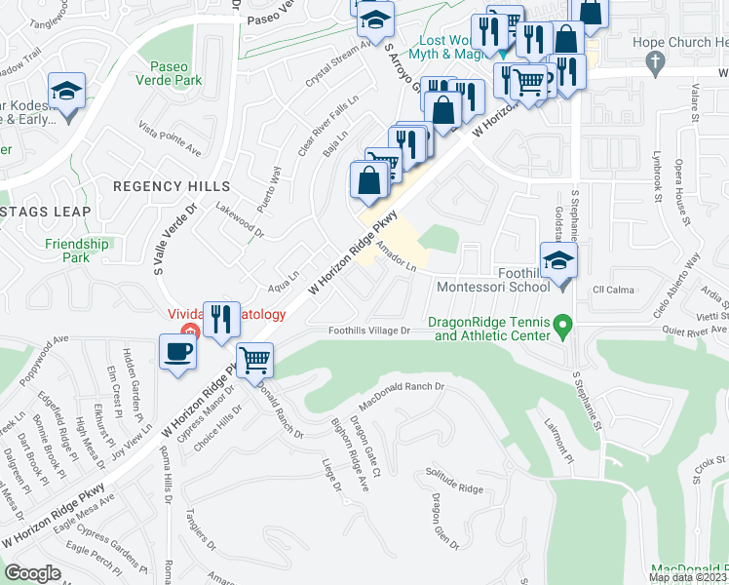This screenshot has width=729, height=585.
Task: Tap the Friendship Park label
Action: pyautogui.click(x=76, y=251)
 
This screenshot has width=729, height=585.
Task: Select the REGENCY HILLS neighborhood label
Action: pyautogui.click(x=172, y=185)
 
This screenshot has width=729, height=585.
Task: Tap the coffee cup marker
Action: pyautogui.click(x=178, y=351)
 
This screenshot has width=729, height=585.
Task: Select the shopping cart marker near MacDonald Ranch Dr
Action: pyautogui.click(x=255, y=359)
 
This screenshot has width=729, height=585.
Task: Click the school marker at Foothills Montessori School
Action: pyautogui.click(x=559, y=261)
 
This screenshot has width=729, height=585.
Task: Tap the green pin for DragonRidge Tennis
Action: pyautogui.click(x=561, y=323)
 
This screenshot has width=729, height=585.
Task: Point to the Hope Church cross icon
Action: pyautogui.click(x=655, y=61)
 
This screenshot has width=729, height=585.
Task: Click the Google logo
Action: pyautogui.click(x=32, y=573)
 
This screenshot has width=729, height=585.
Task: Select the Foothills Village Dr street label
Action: pyautogui.click(x=369, y=331)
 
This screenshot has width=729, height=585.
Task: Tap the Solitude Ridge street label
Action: pyautogui.click(x=454, y=480)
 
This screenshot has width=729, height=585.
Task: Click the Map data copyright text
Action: pyautogui.click(x=688, y=577)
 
